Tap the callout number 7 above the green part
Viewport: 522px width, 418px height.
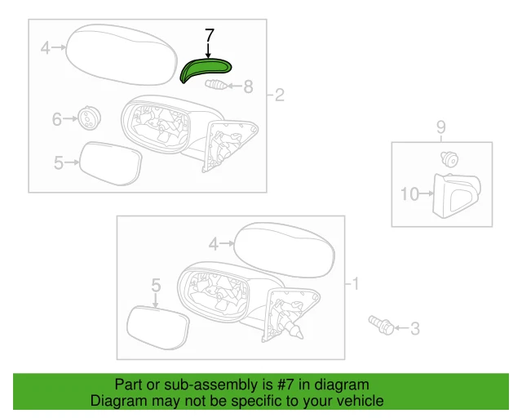(210, 36)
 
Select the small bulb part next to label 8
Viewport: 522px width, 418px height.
(218, 85)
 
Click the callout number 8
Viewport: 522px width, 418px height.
(249, 86)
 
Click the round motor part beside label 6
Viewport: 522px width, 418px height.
(86, 118)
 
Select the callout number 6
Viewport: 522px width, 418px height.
(57, 119)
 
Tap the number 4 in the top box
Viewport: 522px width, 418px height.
(46, 48)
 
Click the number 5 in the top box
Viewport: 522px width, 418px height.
(58, 163)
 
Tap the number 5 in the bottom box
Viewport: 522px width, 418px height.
(156, 285)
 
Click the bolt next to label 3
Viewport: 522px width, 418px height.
(381, 325)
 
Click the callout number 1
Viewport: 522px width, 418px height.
(355, 285)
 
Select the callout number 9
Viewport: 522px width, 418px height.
(440, 127)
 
